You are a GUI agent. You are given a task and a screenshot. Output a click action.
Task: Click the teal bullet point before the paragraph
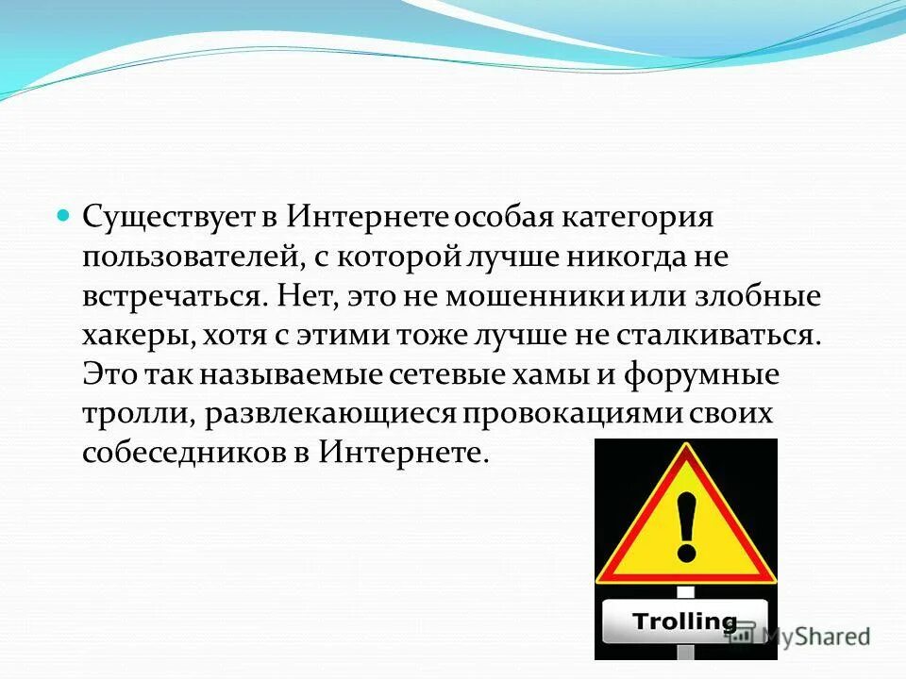[x=64, y=215]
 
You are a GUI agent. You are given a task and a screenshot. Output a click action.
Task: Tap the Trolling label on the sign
[x=684, y=621]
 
